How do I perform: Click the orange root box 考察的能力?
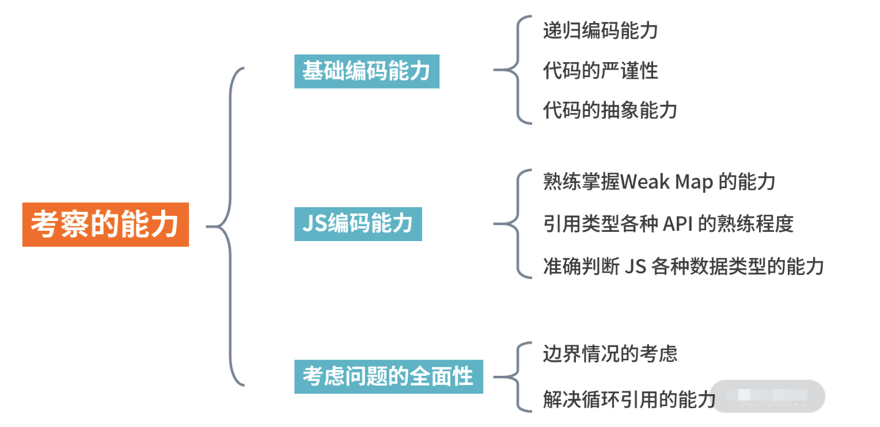tap(105, 224)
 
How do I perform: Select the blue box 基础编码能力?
tap(367, 71)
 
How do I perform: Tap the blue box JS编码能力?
tap(358, 224)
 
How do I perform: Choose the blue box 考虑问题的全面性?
tap(388, 377)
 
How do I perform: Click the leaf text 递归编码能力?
tap(600, 30)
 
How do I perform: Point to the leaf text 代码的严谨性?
tap(600, 71)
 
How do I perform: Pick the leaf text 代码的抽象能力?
tap(610, 109)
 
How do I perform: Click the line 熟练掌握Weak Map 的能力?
tap(659, 182)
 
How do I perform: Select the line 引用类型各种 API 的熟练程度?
tap(668, 224)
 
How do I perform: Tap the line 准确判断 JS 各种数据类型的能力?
tap(683, 266)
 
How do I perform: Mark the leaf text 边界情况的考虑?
tap(610, 353)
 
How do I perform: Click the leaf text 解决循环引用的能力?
tap(629, 398)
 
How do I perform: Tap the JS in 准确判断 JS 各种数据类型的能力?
tap(635, 266)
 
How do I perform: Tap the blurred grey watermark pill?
tap(767, 396)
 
